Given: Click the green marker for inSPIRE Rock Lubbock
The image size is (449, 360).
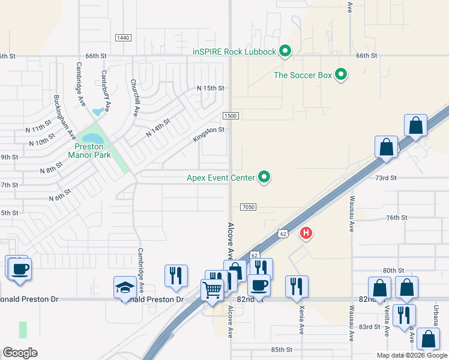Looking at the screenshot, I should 286,52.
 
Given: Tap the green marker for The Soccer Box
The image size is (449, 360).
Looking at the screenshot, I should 341,75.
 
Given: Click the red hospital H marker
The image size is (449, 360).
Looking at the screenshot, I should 306,233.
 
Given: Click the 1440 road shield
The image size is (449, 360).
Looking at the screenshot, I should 122,38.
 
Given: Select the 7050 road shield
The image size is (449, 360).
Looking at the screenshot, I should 249,207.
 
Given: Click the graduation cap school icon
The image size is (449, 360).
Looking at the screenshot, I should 125,287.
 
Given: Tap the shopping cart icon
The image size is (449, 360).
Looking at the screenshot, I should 212,290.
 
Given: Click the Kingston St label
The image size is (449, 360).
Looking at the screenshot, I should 208,134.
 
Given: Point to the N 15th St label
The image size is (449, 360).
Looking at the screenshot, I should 210,88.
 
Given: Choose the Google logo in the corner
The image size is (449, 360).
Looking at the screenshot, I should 20,352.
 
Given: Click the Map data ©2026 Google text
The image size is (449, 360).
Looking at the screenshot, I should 411,355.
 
